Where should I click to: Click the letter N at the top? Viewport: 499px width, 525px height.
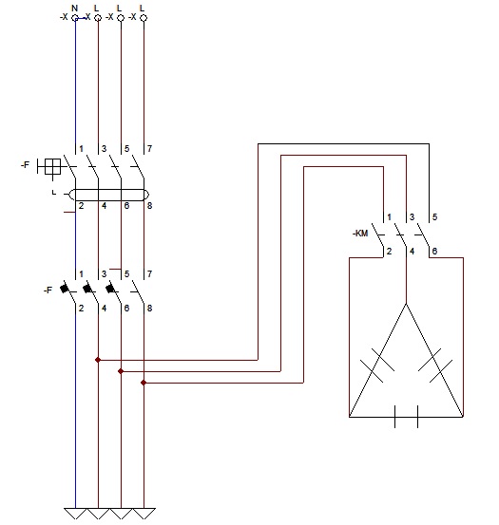[74, 8]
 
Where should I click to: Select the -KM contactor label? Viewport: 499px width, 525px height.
[359, 233]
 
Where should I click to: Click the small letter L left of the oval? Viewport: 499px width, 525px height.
[54, 194]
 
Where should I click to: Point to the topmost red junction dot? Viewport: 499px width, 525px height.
[97, 360]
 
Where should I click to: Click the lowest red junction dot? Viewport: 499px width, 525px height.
[144, 383]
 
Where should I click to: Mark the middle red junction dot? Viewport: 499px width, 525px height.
[120, 371]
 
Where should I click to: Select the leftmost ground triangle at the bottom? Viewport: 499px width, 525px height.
[75, 514]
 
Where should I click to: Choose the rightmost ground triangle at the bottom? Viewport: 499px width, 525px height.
[144, 514]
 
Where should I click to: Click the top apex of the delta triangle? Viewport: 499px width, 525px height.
[407, 304]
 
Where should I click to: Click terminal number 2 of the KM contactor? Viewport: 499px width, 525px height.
[390, 253]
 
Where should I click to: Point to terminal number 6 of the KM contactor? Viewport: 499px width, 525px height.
[435, 253]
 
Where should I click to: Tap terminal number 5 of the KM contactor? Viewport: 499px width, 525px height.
[435, 217]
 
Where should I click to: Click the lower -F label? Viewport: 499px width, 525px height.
[48, 289]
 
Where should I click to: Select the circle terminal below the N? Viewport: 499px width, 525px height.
[74, 18]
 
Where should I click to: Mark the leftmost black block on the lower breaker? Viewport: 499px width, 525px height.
[67, 287]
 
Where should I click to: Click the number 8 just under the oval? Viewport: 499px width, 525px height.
[150, 206]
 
